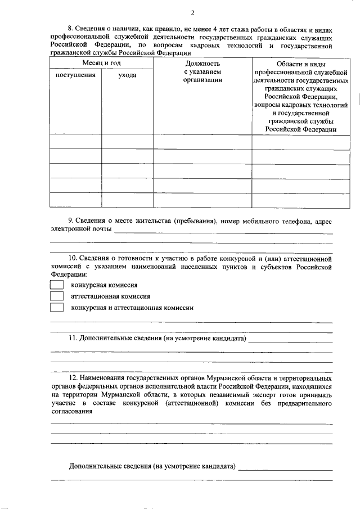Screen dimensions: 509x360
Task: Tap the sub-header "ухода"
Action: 127,75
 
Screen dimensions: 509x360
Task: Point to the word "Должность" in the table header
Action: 201,64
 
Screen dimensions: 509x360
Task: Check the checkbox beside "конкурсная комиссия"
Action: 57,285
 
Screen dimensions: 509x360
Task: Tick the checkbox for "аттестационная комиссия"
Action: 57,296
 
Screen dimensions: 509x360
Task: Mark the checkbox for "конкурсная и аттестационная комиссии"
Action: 57,308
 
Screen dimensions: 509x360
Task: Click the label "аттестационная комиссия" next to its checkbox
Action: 110,296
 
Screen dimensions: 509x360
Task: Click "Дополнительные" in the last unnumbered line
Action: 95,467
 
